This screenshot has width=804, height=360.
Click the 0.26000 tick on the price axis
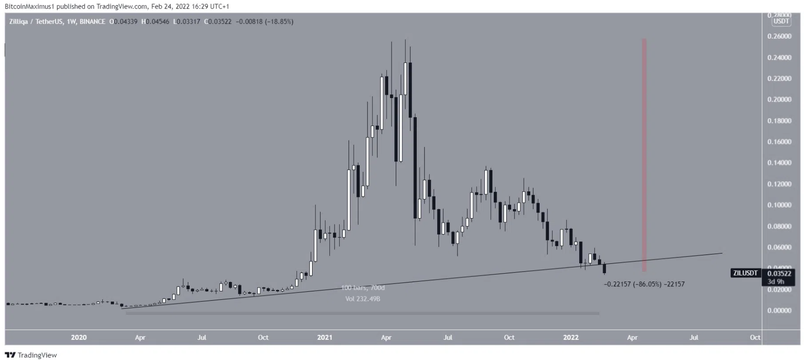[x=779, y=36]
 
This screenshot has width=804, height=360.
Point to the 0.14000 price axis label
[x=779, y=163]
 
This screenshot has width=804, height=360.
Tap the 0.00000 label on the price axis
[x=779, y=311]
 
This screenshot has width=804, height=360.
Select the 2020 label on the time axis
[x=78, y=337]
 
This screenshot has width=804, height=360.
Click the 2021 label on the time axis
[x=325, y=337]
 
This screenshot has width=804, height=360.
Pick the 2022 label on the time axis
[x=570, y=337]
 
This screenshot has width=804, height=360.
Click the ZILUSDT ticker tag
[x=745, y=273]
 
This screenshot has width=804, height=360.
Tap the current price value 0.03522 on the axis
[x=779, y=274]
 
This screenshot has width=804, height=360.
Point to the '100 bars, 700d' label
[x=363, y=288]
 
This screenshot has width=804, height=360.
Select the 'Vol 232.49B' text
[x=363, y=299]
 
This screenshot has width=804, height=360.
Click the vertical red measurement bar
[x=644, y=154]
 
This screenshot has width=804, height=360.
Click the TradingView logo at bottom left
[x=31, y=355]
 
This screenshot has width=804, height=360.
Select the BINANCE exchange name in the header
[x=92, y=21]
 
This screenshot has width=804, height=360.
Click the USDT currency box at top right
[x=781, y=21]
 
